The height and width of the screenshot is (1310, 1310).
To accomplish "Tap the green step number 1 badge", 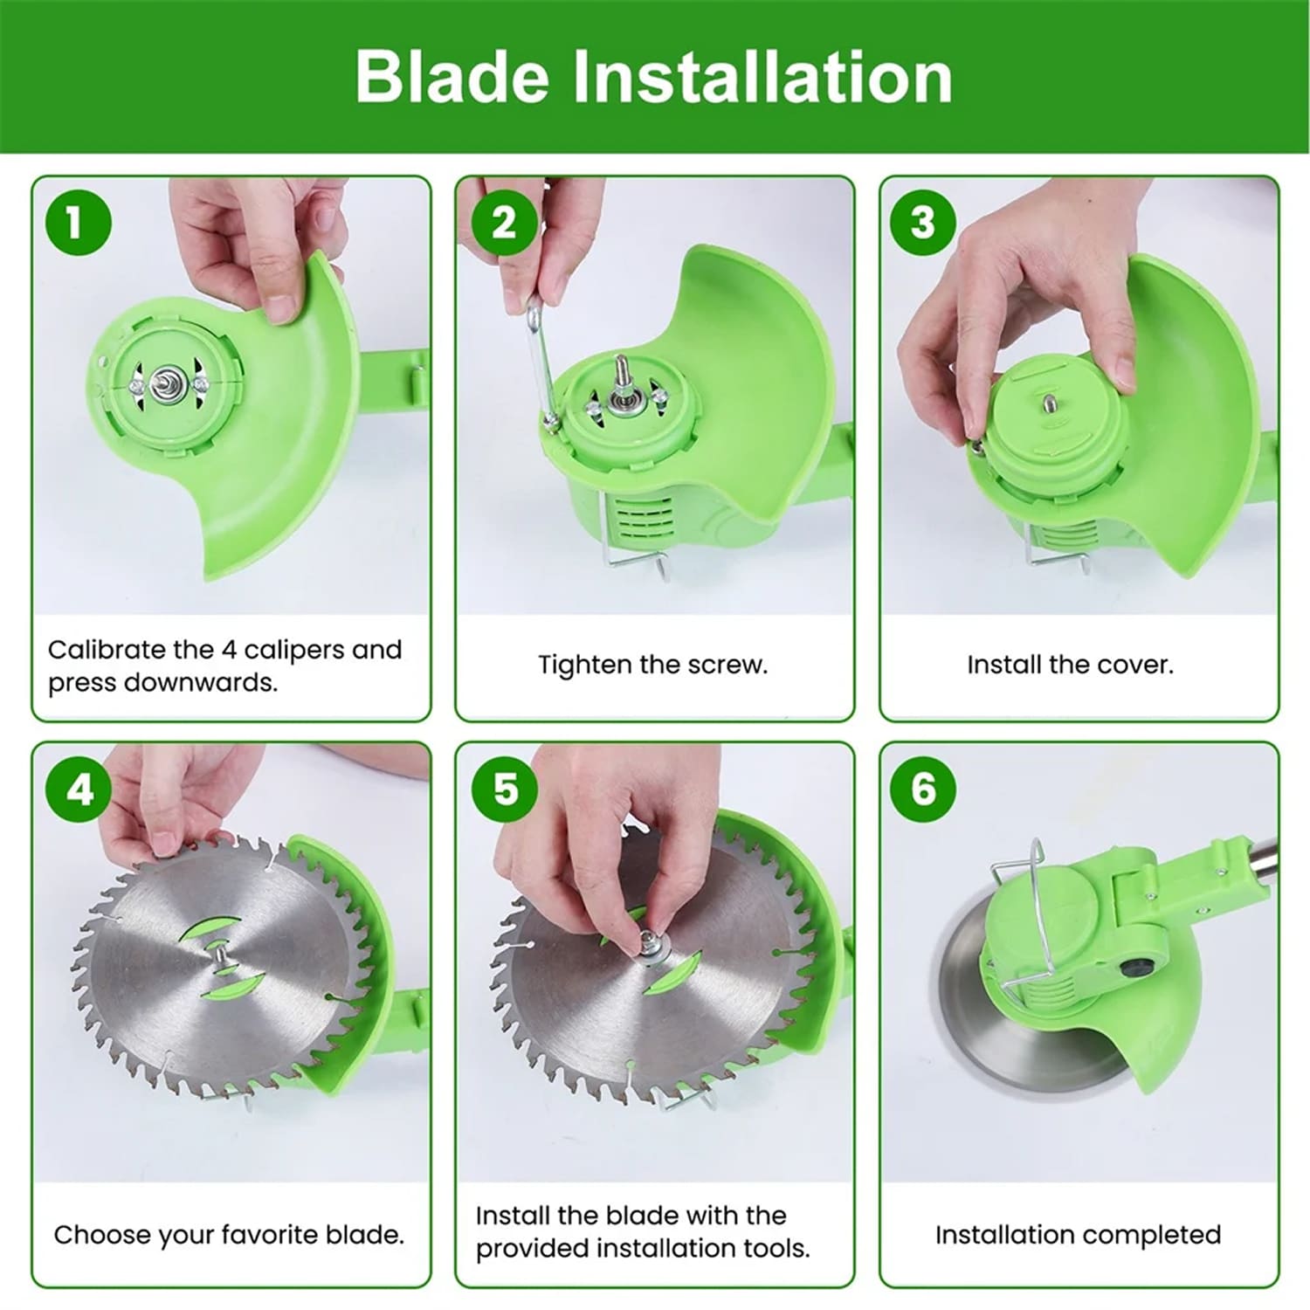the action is (x=79, y=222).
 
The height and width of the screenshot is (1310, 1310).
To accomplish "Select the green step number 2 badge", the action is (x=504, y=223).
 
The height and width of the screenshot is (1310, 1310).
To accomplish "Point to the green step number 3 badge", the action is (x=923, y=222).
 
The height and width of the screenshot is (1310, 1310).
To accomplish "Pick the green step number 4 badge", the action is (x=79, y=789).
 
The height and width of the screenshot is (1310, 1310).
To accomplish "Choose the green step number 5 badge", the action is (x=505, y=789).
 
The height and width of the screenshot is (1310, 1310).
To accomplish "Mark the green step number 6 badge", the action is (x=923, y=789).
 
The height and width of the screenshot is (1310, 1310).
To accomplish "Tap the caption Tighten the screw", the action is (x=653, y=665).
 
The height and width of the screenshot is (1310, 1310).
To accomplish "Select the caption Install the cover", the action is (x=1070, y=665).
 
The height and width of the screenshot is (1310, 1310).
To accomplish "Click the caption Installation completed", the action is (x=1078, y=1235).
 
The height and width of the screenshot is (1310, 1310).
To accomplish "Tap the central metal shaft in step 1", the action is (x=162, y=383).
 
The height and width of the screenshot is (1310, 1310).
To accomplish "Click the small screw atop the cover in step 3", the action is (x=1047, y=403).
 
